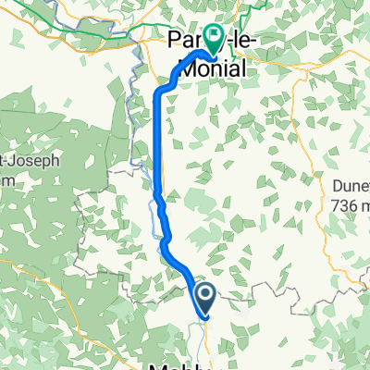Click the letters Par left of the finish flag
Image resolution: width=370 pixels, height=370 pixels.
[185, 41]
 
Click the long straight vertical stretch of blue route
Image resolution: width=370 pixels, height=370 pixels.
[154, 139]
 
